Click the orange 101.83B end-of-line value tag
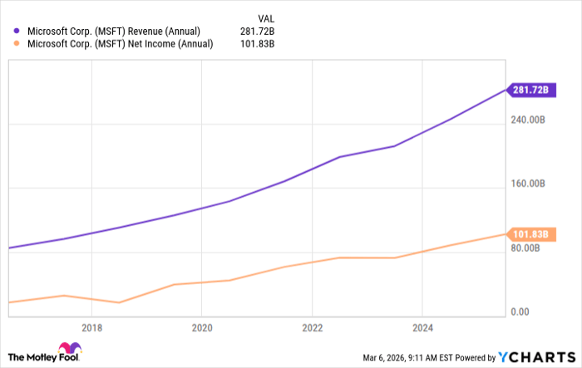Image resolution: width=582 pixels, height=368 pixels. [x=532, y=234]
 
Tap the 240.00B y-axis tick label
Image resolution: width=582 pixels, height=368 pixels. [x=528, y=120]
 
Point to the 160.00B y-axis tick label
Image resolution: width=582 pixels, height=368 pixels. [x=528, y=184]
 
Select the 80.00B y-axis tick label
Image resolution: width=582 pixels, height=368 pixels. [x=525, y=248]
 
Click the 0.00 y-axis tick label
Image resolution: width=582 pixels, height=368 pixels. [x=519, y=312]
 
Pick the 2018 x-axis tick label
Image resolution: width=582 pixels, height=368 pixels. [x=91, y=326]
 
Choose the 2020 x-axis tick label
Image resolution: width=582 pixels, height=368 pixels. [x=202, y=326]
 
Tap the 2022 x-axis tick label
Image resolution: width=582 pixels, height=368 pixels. [x=313, y=326]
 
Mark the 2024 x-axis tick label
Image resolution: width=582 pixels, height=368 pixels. [x=422, y=326]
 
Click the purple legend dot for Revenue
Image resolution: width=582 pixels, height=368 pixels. [x=16, y=32]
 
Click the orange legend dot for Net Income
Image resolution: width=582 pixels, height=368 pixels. [x=16, y=45]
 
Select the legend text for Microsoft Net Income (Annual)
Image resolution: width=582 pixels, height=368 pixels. [x=119, y=45]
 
